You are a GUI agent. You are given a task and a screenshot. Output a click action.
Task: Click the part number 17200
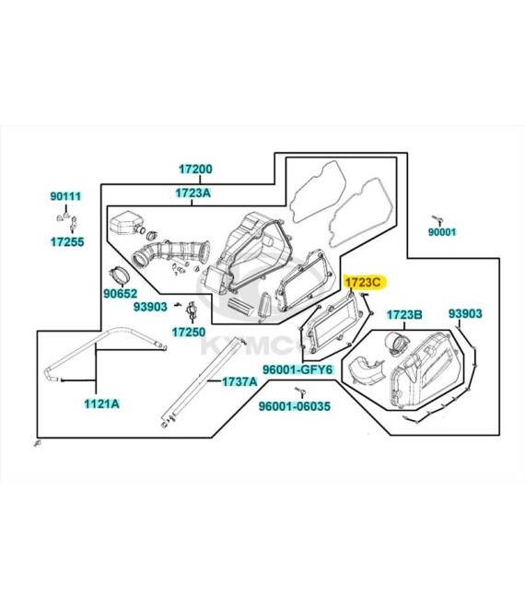coord(195,170)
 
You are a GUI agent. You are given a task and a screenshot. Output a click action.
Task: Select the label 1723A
coord(192,193)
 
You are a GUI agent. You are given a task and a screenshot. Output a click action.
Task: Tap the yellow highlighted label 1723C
coord(363,282)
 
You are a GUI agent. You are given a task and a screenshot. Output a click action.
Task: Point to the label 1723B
coord(404,314)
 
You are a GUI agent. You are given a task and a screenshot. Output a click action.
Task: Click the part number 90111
coord(66,196)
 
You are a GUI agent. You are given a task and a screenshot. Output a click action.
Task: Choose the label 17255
coord(67,242)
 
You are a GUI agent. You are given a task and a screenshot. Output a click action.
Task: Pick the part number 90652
coord(121,294)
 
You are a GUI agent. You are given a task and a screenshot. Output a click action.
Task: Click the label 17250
coord(189,332)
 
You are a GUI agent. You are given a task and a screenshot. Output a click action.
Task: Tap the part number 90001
coord(442,232)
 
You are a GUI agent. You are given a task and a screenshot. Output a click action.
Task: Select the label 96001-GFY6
coord(297,369)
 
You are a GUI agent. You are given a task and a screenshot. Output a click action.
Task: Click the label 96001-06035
coord(295,406)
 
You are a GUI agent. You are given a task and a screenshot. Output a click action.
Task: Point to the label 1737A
coord(239,381)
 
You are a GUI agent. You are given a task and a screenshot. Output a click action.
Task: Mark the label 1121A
coord(102,404)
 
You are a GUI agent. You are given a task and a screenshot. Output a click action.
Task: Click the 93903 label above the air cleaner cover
coord(465,313)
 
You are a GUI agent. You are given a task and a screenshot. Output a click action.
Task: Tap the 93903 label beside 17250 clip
coord(150,307)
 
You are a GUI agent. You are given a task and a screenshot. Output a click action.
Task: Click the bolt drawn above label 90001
coord(437,220)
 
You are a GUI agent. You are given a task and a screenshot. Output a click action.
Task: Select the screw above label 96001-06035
coord(299,392)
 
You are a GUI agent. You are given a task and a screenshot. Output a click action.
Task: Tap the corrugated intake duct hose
coord(170,252)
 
